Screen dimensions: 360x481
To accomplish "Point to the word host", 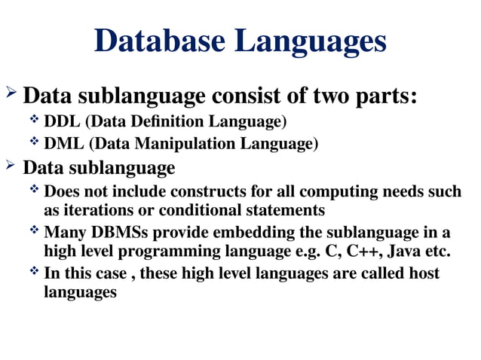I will coord(423,273).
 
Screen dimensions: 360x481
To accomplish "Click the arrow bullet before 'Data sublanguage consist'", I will coord(11,96).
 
